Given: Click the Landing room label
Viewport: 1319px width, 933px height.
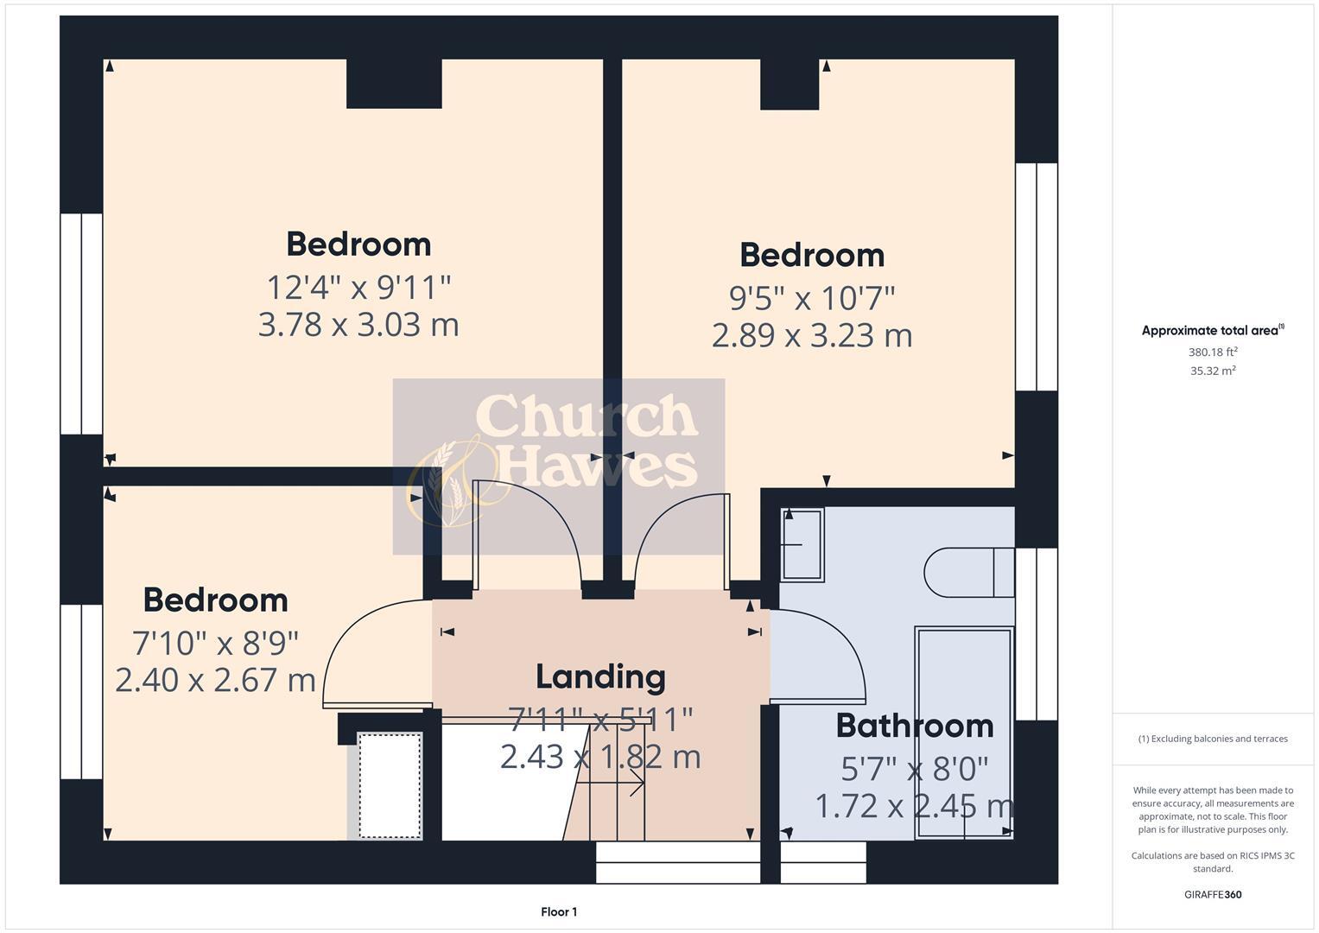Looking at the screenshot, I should click(x=600, y=676).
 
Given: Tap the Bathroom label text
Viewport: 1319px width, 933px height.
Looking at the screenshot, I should click(x=914, y=726).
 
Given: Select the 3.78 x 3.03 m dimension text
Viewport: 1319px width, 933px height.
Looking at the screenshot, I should click(x=358, y=325).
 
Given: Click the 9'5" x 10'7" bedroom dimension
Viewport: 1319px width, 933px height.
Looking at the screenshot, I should click(x=812, y=298).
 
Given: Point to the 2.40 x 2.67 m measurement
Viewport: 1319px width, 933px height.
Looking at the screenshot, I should click(x=215, y=680).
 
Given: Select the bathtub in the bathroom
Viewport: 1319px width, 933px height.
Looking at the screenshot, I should click(x=963, y=733).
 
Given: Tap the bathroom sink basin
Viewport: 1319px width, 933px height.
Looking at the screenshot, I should click(x=802, y=545).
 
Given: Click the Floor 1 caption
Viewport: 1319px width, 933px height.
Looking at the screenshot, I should click(x=559, y=911).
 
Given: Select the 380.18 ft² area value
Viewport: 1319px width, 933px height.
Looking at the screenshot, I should click(x=1213, y=352).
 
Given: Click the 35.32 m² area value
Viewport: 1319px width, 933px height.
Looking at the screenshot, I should click(x=1213, y=371).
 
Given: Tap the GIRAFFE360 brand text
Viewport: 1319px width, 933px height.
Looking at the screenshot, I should click(x=1213, y=894).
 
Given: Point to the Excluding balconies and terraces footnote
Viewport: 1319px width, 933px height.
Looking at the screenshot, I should click(x=1213, y=739).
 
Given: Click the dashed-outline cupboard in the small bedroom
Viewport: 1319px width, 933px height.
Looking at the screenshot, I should click(x=390, y=785).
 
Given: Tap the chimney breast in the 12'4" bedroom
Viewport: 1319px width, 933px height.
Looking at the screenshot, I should click(x=394, y=84).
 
